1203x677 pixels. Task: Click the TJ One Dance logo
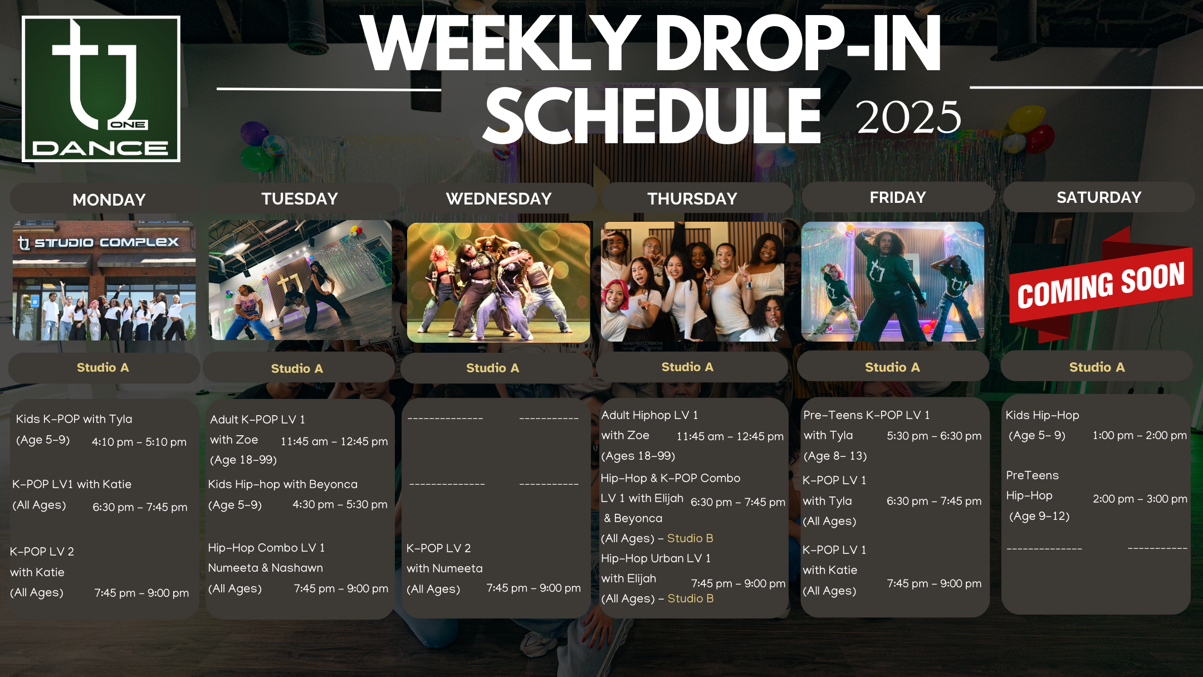pos(101,89)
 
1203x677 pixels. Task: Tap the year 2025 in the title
pos(909,117)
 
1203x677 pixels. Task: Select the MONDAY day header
pos(109,199)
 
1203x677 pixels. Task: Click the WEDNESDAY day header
pos(498,198)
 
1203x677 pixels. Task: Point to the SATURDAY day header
pos(1099,197)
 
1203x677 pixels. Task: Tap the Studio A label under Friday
pos(892,367)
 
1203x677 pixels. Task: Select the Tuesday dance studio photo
pos(300,280)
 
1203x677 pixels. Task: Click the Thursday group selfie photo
pos(692,281)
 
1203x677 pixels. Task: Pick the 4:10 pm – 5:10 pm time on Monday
pos(139,442)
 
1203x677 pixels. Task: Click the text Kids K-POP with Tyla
pos(74,419)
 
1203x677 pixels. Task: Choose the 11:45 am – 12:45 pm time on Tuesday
pos(334,441)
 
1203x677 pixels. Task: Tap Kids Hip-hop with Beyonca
pos(283,484)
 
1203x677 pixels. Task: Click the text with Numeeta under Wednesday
pos(444,568)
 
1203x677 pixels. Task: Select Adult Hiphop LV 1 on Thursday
pos(649,415)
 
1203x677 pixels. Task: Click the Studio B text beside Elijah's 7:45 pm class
pos(691,598)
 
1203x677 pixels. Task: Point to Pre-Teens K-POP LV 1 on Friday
pos(867,415)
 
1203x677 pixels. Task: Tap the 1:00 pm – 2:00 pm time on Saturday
pos(1140,435)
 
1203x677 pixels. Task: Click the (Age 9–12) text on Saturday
pos(1039,516)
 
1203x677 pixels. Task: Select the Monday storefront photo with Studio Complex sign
pos(104,280)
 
